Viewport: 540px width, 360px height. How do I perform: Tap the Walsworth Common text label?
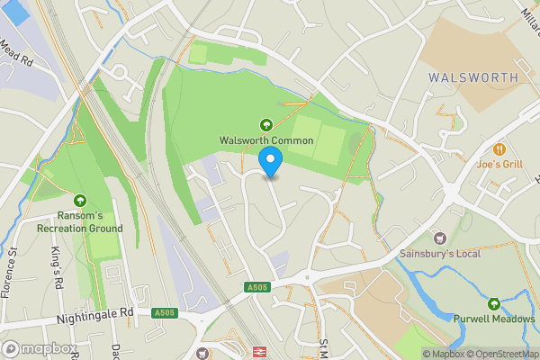[266, 140]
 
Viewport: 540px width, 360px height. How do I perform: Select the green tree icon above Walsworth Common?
[266, 125]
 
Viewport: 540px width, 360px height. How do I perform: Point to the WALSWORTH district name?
[473, 77]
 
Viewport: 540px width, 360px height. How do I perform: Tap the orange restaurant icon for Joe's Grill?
[498, 148]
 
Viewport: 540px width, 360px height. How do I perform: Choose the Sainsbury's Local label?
[440, 254]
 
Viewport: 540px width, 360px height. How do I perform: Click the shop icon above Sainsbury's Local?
[440, 238]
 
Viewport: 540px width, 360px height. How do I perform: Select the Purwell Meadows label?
[494, 319]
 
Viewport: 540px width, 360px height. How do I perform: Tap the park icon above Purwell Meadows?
[494, 303]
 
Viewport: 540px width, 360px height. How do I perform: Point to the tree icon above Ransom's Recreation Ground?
[81, 200]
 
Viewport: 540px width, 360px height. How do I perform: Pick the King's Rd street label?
[56, 260]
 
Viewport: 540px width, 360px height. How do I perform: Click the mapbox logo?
[40, 348]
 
